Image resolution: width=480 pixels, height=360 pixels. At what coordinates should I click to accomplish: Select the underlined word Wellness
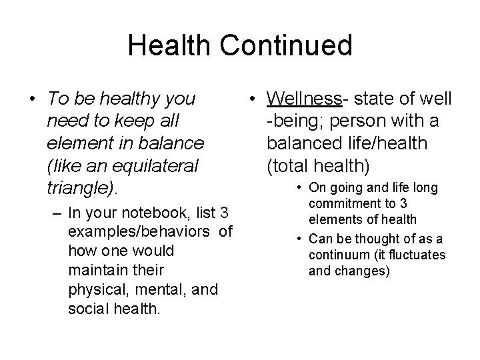point(304,99)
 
